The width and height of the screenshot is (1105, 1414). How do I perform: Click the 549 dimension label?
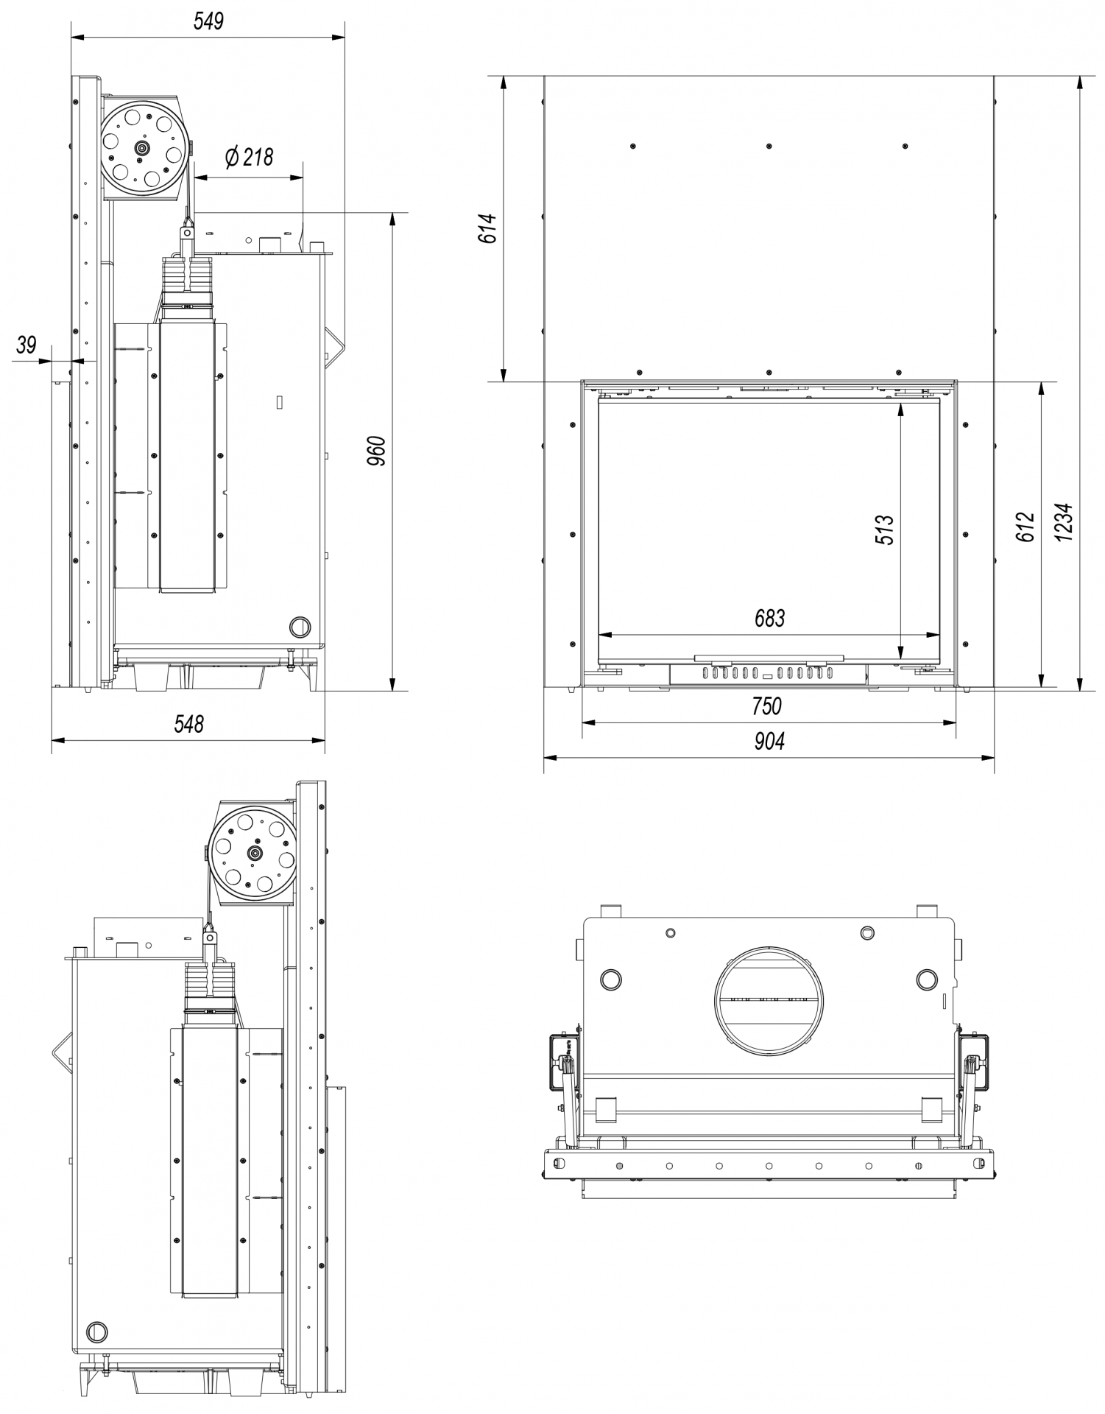point(208,21)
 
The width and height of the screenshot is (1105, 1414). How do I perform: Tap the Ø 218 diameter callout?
point(249,157)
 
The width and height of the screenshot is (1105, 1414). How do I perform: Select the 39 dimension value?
point(27,345)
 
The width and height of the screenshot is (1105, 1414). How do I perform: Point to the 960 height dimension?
point(376,451)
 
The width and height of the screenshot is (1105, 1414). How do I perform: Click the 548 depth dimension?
point(188,724)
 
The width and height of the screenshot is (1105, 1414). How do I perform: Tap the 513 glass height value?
point(884,530)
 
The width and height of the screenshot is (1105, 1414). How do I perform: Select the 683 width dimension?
point(769,618)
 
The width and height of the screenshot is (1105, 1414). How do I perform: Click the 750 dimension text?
point(766,706)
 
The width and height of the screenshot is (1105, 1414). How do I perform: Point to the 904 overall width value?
point(769,741)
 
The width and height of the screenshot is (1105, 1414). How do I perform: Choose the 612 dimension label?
point(1025,527)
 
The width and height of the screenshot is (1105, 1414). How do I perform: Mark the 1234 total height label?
point(1065,523)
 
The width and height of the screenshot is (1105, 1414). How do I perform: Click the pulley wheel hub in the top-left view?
point(141,148)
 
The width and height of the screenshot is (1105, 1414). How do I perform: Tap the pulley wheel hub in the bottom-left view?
point(255,854)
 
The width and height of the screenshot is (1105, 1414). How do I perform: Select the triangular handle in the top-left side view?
point(335,347)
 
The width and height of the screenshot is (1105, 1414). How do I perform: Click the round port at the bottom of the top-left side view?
point(300,627)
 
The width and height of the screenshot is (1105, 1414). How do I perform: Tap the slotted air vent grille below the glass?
point(767,672)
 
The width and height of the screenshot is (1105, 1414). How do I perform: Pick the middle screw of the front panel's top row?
point(769,147)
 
